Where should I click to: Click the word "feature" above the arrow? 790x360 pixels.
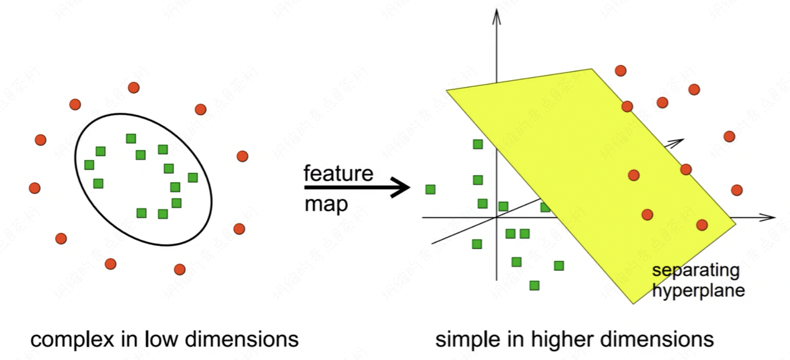(x=338, y=174)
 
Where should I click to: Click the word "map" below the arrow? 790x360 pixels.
(x=326, y=204)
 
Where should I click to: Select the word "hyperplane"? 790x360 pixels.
(x=698, y=290)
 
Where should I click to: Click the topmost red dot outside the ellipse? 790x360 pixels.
(x=134, y=88)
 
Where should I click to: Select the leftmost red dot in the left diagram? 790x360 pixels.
(x=35, y=188)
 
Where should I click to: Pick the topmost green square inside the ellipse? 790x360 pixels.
(x=131, y=138)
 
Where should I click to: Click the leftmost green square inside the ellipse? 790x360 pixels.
(x=89, y=165)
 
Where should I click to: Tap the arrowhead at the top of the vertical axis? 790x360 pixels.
(x=496, y=15)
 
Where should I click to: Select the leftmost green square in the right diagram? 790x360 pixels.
(x=430, y=189)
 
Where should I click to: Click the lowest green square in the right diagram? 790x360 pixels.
(x=535, y=285)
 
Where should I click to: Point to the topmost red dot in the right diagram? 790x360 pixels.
(x=621, y=71)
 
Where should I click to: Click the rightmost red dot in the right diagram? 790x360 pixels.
(x=737, y=190)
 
